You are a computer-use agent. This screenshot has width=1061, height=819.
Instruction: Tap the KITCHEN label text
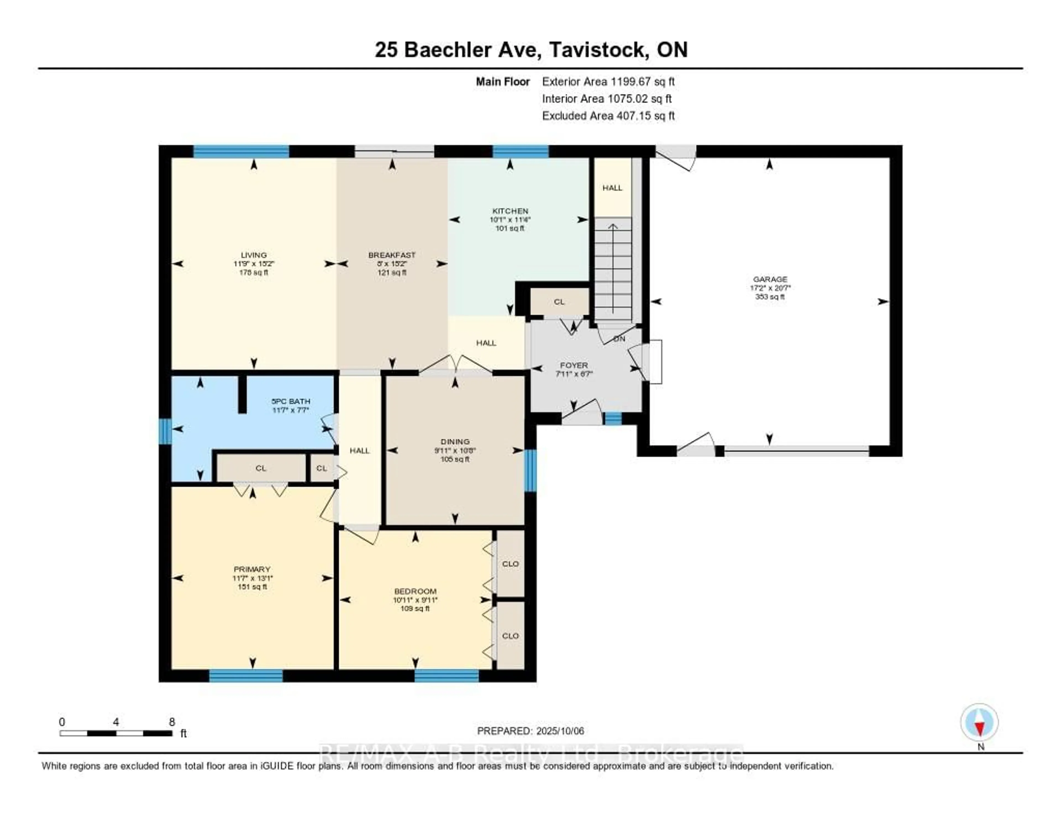click(x=510, y=211)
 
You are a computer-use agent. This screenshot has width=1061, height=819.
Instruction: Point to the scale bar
click(x=115, y=733)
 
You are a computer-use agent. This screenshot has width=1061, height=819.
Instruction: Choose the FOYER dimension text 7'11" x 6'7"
click(x=574, y=374)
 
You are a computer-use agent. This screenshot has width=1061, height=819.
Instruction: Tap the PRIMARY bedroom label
click(x=252, y=569)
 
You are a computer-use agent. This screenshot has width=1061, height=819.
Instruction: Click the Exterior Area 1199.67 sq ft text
click(x=608, y=81)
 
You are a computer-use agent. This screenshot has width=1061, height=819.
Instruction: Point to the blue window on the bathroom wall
click(x=165, y=431)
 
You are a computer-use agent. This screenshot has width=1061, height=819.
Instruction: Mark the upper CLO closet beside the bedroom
click(x=510, y=564)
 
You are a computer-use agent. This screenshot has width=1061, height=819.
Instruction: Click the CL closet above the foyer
click(x=559, y=302)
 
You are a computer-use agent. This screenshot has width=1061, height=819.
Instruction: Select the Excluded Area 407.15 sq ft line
click(x=608, y=115)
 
